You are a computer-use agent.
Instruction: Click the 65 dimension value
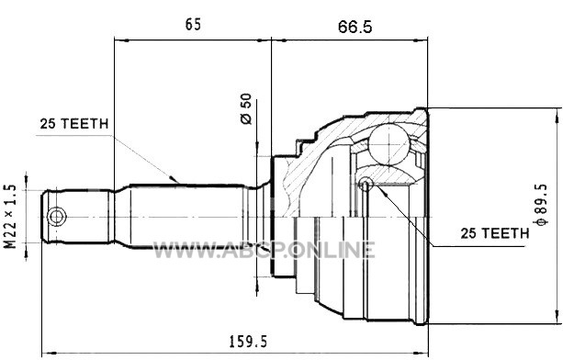tap(193, 25)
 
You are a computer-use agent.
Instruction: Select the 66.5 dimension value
tap(355, 27)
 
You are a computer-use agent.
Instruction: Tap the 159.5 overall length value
tap(249, 342)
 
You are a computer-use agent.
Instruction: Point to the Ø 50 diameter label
tap(246, 108)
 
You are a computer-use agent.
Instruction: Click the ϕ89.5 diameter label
tap(541, 205)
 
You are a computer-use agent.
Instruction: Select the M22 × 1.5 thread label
tap(10, 217)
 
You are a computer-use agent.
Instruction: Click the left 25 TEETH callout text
tap(74, 124)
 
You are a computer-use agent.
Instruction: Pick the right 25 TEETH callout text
tap(495, 233)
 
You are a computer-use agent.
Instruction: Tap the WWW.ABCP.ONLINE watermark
tap(265, 250)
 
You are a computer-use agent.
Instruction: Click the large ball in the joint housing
tap(388, 145)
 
